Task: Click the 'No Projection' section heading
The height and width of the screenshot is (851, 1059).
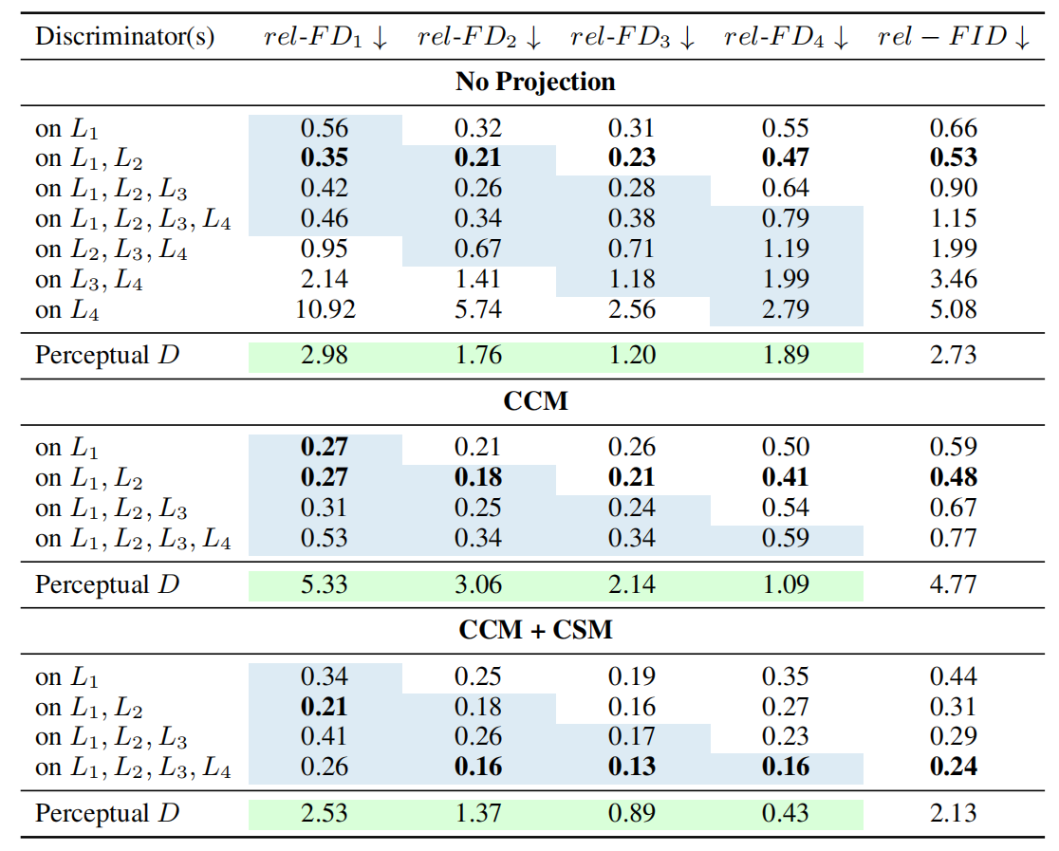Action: (x=535, y=82)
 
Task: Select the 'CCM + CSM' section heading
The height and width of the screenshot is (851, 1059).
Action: (x=535, y=630)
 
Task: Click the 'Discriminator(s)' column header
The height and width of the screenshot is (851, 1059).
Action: (x=124, y=37)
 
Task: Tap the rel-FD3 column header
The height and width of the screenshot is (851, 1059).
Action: (x=632, y=37)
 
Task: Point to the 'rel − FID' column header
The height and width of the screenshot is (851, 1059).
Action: (x=953, y=37)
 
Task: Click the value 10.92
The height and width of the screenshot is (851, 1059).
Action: (x=325, y=309)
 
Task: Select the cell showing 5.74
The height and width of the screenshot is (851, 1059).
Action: (x=477, y=309)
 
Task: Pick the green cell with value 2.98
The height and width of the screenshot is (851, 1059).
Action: (x=325, y=356)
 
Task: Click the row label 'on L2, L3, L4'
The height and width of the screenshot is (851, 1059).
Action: (x=110, y=250)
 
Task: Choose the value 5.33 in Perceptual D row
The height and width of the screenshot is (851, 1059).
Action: (x=325, y=584)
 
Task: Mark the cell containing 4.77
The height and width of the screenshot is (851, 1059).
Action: (x=953, y=584)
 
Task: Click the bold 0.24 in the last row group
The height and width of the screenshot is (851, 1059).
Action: (x=953, y=768)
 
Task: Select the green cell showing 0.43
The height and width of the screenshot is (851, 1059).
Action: (x=785, y=813)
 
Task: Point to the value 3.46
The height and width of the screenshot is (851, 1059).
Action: (x=953, y=280)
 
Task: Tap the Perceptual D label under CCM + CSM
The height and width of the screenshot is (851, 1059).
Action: (x=106, y=813)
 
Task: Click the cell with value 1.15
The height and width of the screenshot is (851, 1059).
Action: (x=953, y=219)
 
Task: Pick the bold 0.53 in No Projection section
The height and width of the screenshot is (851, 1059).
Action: (x=953, y=158)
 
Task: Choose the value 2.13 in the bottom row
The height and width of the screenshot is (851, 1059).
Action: (x=953, y=813)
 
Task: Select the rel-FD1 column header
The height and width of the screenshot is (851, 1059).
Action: (x=325, y=37)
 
